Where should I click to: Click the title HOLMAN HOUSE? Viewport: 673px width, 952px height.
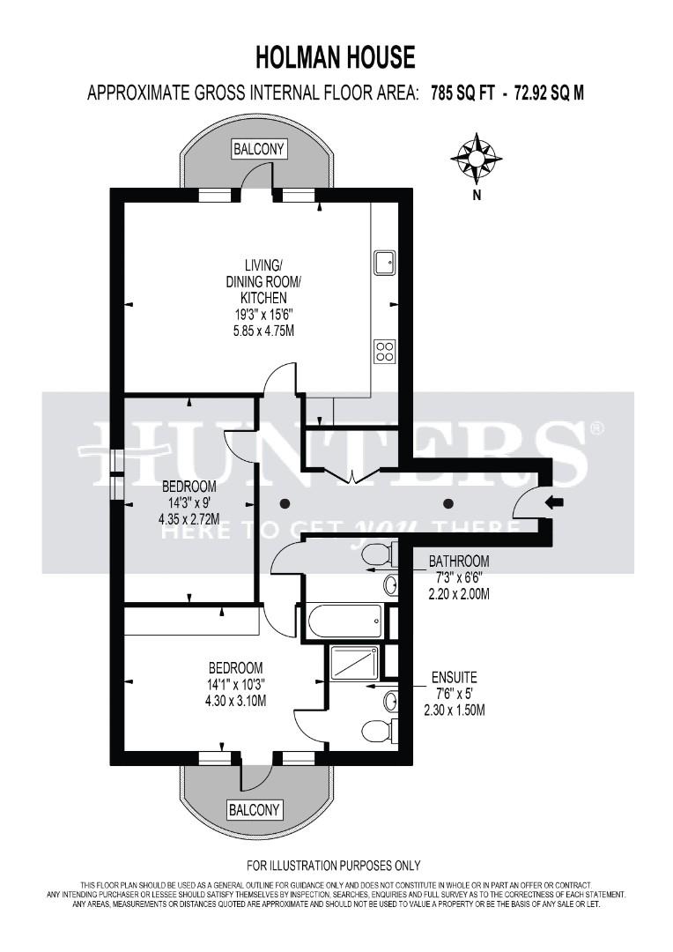[335, 58]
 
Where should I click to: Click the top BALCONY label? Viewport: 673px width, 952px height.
[259, 150]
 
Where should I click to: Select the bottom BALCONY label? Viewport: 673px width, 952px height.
[254, 809]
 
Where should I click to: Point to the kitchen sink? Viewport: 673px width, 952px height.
[385, 263]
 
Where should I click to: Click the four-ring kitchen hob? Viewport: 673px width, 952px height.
[384, 351]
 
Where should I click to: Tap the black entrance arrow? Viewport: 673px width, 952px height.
[555, 503]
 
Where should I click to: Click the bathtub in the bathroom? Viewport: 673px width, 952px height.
[344, 622]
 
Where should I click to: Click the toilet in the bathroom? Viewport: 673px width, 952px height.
[377, 554]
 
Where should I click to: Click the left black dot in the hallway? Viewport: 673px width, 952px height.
[285, 503]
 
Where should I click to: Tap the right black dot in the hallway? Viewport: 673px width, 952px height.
[448, 503]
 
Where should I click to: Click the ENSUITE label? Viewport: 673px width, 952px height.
[454, 678]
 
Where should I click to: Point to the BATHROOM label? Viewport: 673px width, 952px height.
[458, 562]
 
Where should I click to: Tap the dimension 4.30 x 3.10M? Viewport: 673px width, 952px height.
[235, 701]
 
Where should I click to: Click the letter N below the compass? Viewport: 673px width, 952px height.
[477, 196]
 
